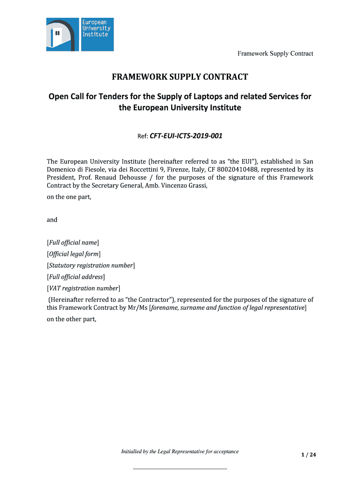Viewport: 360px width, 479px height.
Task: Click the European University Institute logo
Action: (80, 34)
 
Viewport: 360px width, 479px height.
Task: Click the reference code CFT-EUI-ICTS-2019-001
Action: (186, 136)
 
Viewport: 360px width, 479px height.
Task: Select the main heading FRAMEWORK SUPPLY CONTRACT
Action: (180, 77)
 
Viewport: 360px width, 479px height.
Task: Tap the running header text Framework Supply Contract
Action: (275, 53)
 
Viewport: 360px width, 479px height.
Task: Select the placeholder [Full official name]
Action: (73, 242)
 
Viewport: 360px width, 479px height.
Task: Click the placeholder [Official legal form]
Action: (74, 254)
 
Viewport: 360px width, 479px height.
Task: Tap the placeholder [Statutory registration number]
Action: (91, 265)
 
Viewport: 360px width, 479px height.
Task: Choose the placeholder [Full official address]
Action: (76, 277)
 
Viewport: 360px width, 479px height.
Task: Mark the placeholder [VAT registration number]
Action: (84, 288)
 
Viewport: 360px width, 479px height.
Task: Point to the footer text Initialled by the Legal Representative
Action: (180, 451)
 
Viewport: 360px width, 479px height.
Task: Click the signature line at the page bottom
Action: (180, 468)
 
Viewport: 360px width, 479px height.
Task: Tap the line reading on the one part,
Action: (69, 197)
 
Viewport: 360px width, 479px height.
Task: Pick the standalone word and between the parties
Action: (52, 219)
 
